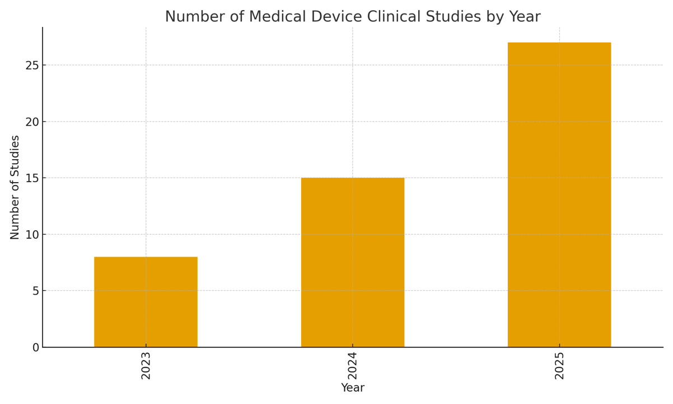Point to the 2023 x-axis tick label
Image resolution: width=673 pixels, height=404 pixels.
pos(146,366)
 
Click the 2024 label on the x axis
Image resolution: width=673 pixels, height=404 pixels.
pos(353,366)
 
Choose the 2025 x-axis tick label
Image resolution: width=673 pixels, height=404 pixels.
pos(559,366)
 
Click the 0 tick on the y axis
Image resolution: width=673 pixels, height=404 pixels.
pos(36,347)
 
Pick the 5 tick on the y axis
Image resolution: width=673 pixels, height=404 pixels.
pos(36,291)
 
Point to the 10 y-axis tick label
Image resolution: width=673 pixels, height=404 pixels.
pos(32,234)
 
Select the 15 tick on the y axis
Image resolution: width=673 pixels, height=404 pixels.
pos(32,178)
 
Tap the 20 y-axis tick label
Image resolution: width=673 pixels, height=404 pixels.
pos(32,122)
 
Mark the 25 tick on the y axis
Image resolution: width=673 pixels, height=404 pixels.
pos(32,65)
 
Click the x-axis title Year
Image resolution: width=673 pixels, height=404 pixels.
pos(353,388)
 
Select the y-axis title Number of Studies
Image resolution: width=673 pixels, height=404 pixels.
pos(15,187)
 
